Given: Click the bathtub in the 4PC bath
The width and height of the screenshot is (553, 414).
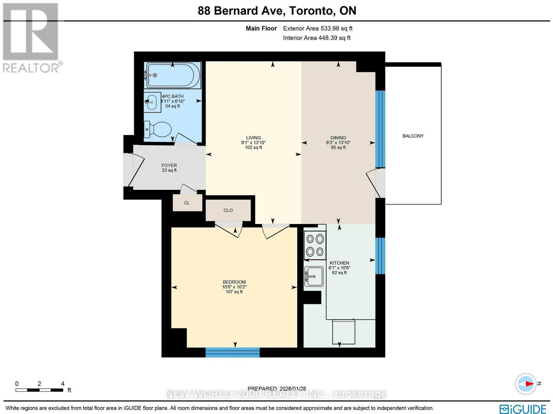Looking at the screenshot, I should tap(173, 75).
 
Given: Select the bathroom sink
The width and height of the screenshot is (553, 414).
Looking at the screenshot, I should tap(152, 102).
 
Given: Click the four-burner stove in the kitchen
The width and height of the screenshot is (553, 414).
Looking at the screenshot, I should tap(315, 245).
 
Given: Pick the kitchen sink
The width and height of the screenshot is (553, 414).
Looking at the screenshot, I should tap(314, 276).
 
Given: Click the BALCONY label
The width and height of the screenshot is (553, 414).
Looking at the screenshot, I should tap(413, 136).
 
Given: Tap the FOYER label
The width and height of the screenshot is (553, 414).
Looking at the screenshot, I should tap(169, 166).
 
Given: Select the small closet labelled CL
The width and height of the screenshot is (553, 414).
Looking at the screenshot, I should tap(187, 203).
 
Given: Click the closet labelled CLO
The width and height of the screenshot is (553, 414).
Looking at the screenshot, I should tap(228, 210).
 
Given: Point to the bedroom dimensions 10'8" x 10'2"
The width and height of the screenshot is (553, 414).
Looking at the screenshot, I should tap(234, 287).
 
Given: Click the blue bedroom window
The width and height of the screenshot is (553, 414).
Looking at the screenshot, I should tap(232, 352).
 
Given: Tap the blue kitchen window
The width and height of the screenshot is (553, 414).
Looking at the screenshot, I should tap(380, 256).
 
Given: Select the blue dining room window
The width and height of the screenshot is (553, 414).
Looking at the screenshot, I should tap(380, 129).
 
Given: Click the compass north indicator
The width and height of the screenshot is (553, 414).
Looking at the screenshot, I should tap(526, 384).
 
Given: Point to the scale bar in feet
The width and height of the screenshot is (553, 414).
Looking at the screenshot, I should tap(39, 390).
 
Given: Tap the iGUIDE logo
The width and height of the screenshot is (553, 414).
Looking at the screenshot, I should tap(523, 409).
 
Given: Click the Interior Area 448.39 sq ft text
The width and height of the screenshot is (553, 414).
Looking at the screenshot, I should tap(317, 38).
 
